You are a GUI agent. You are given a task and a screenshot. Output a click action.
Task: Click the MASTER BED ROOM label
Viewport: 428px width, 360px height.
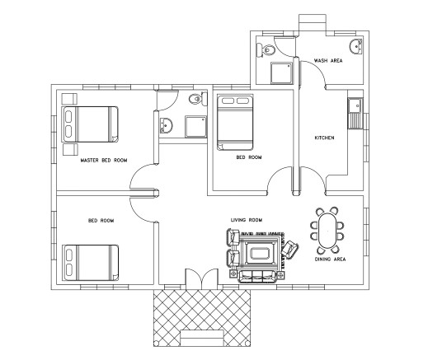pos(103,161)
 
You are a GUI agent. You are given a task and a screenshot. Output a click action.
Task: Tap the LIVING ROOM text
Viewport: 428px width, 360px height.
pos(246,220)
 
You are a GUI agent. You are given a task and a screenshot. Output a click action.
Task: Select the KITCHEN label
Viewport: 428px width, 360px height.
pos(324,138)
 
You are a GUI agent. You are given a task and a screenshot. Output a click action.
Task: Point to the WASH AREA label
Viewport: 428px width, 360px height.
pos(328,61)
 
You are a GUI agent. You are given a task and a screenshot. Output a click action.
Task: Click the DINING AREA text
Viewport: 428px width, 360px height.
pos(330,259)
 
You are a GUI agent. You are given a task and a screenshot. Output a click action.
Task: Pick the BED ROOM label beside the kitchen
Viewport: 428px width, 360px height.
pos(249,157)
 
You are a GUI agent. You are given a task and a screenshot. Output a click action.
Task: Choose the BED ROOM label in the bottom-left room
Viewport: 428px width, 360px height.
pos(101,221)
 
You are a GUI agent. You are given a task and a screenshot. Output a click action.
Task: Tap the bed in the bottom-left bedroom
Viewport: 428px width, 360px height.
pos(91,261)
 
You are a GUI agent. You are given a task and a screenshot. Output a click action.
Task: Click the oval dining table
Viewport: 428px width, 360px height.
pos(327,228)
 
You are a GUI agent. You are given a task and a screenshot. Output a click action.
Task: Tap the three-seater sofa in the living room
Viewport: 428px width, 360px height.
pos(259,275)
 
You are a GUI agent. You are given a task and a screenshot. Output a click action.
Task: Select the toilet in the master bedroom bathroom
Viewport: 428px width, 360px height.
pos(194,101)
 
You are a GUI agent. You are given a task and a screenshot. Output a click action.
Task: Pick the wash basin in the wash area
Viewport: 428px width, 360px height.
pos(355,46)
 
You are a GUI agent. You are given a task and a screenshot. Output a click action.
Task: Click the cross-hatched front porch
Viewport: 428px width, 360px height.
pos(200,317)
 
